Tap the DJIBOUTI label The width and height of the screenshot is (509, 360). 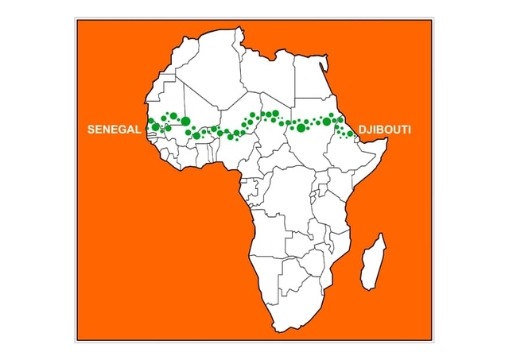pyautogui.click(x=384, y=128)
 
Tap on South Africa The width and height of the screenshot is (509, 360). pyautogui.click(x=290, y=306)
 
